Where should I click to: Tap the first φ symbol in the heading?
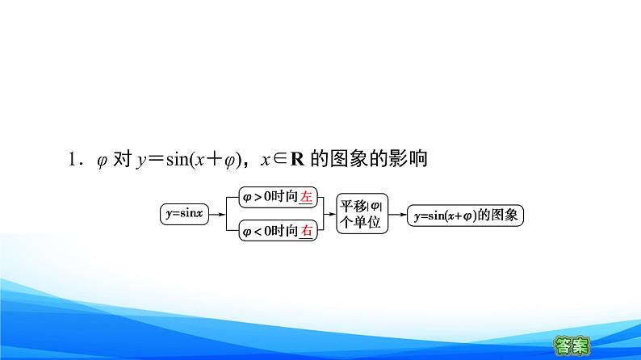102,161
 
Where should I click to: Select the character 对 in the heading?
122,160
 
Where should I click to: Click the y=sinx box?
183,215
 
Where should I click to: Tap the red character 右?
306,232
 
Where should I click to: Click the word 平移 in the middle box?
352,205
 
